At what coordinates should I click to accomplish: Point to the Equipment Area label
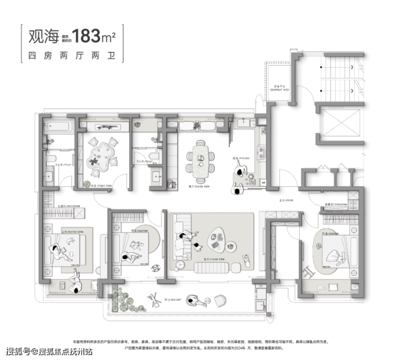click(279, 89)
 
